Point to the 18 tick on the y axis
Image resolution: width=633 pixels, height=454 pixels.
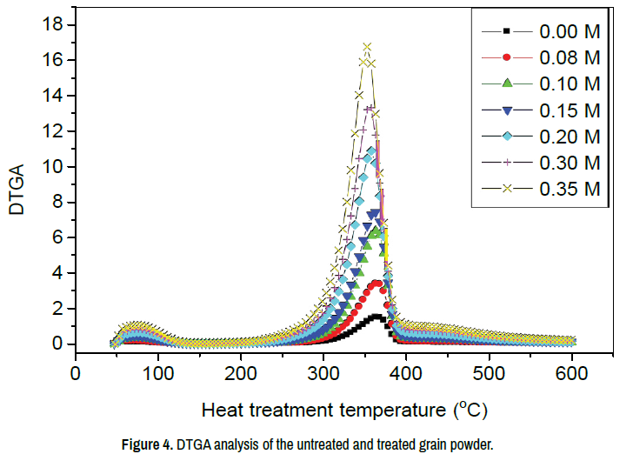[x=55, y=24]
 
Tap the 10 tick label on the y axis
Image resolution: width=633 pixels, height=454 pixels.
[x=55, y=166]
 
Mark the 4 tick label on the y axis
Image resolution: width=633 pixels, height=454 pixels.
[x=60, y=273]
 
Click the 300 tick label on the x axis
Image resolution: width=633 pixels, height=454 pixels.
[x=323, y=371]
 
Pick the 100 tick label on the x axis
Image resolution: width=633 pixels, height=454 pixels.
[x=157, y=371]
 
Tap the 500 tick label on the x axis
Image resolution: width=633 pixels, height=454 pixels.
[x=490, y=371]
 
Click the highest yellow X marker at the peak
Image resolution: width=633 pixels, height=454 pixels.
[x=367, y=47]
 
